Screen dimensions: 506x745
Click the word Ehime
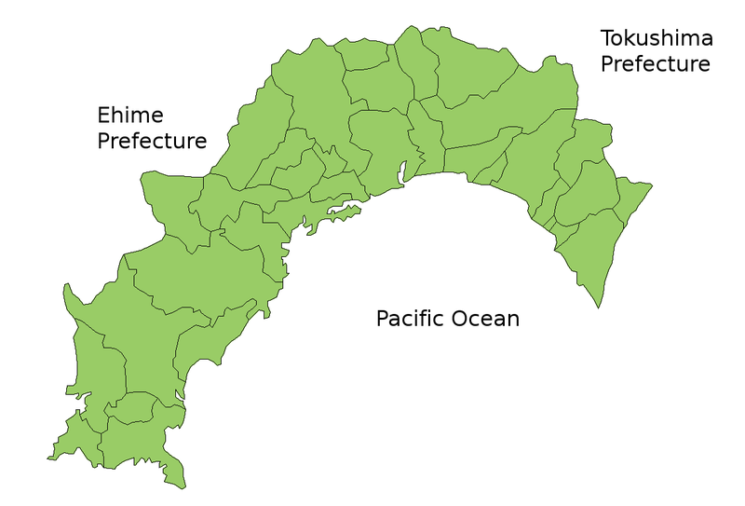130,116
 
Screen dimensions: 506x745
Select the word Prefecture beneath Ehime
152,142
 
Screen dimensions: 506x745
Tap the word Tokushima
657,38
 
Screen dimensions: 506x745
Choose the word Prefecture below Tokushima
655,64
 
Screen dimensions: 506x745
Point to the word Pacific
410,319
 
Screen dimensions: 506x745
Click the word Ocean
484,319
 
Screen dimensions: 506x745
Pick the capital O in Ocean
460,319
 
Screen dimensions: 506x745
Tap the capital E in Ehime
103,116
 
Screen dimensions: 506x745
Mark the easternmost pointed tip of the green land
651,185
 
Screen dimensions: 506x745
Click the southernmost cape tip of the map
185,487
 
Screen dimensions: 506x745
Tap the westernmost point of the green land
47,458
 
